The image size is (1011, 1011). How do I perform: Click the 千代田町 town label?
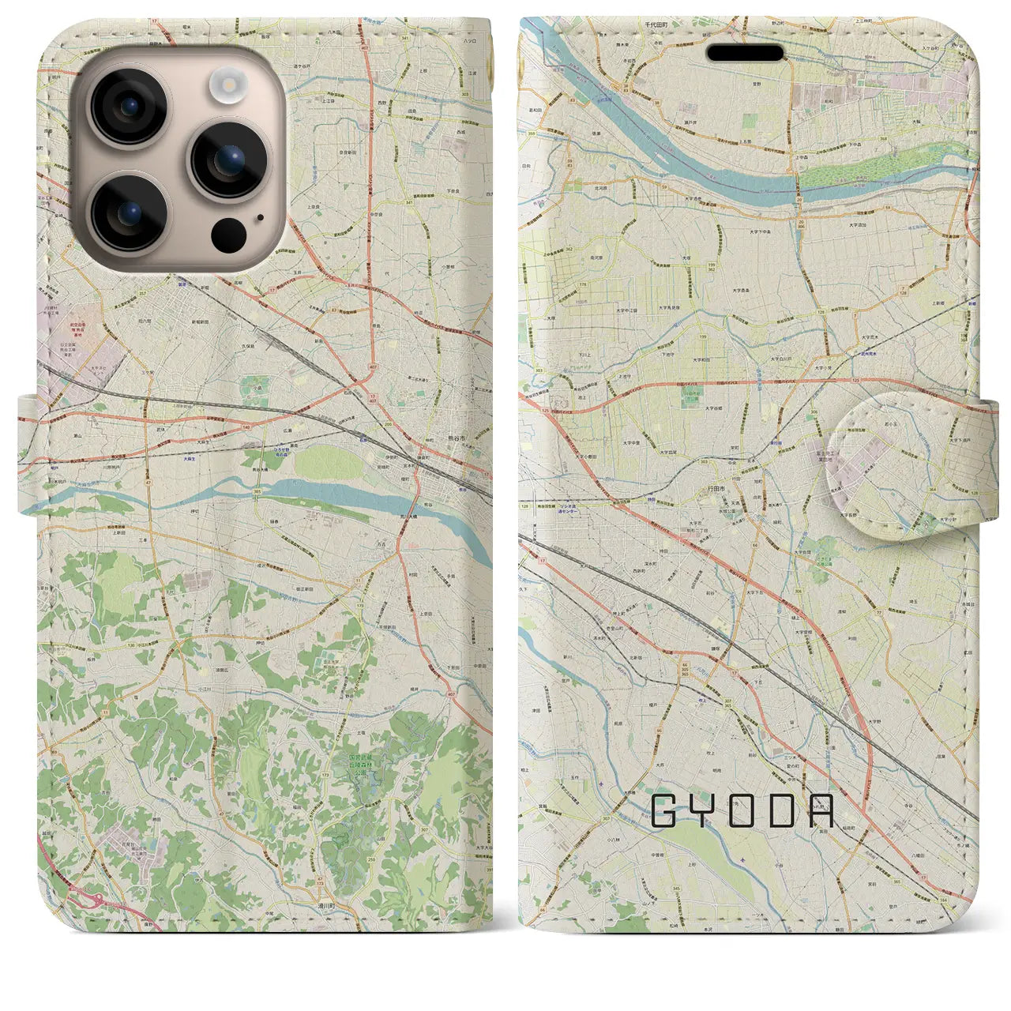pos(656,24)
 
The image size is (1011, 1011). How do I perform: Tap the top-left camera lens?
pos(128,108)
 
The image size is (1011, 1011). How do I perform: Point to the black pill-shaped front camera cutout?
pos(745,53)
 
